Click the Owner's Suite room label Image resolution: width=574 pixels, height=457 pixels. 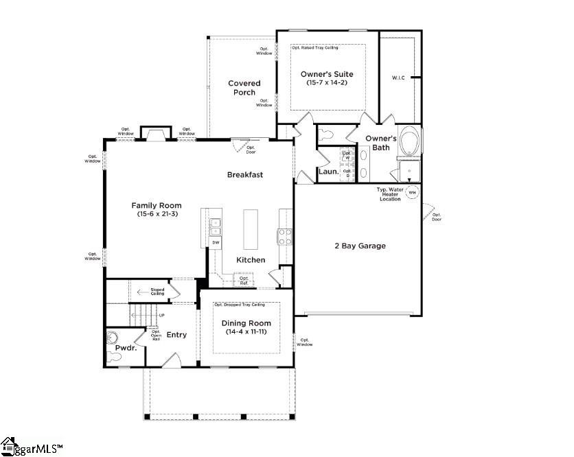pos(328,73)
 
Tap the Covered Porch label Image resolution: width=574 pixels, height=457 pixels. pos(244,88)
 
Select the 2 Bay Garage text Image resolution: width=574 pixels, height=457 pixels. pos(359,246)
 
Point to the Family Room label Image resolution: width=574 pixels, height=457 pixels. pos(157,205)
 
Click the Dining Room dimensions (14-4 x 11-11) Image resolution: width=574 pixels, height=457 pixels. pos(246,332)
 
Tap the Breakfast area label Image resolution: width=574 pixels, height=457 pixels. pos(245,175)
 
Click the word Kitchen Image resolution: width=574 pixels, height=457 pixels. pos(251,260)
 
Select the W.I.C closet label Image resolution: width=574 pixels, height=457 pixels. pos(398,78)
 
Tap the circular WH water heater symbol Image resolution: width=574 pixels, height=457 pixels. pos(413,193)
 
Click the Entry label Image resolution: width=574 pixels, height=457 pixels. pos(176,335)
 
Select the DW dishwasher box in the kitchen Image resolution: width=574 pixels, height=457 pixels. pos(216,242)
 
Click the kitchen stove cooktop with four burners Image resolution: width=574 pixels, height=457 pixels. pos(285,237)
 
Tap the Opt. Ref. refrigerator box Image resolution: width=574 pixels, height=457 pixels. pos(244,280)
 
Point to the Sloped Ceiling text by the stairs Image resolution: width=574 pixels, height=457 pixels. pos(157,293)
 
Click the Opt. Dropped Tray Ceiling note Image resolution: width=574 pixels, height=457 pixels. pos(239,304)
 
